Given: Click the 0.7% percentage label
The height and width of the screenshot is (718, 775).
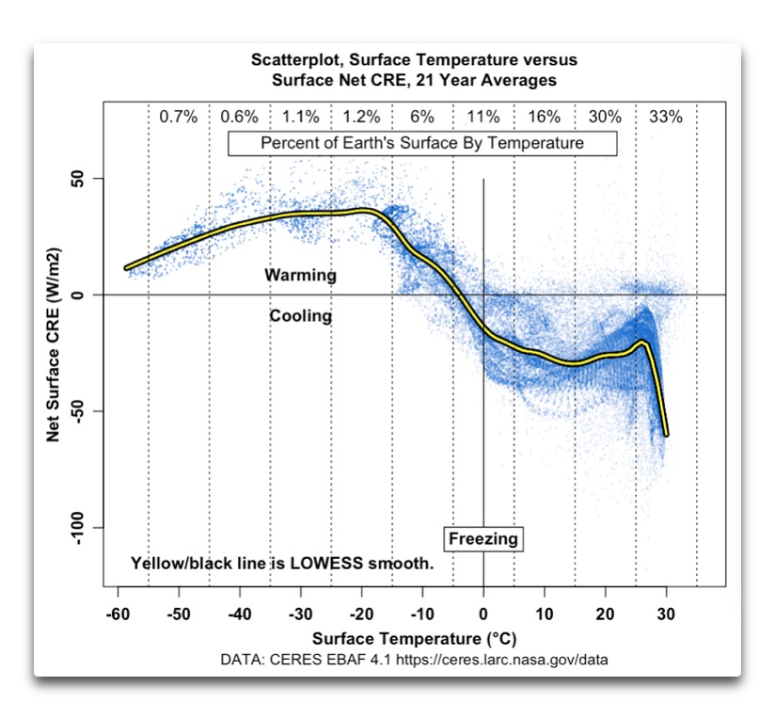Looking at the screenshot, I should pyautogui.click(x=178, y=117).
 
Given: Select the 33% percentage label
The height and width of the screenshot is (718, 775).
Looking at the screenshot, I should pyautogui.click(x=666, y=117).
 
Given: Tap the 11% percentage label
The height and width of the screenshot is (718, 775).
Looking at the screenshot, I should pyautogui.click(x=483, y=117).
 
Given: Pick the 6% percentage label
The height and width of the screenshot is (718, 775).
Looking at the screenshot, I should pyautogui.click(x=422, y=117).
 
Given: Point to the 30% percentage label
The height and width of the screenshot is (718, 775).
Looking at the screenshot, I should pyautogui.click(x=605, y=117).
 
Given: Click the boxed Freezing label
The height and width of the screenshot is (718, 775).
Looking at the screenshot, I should pyautogui.click(x=483, y=539).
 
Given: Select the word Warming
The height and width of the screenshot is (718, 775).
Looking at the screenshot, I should pyautogui.click(x=300, y=276).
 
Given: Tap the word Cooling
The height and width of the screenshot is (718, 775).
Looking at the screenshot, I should pyautogui.click(x=301, y=316).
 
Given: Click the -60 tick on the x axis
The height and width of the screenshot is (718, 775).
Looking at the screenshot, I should pyautogui.click(x=118, y=616).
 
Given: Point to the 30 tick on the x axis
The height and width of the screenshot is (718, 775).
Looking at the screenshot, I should pyautogui.click(x=667, y=616).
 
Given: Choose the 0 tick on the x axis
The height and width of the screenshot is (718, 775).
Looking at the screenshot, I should pyautogui.click(x=483, y=616).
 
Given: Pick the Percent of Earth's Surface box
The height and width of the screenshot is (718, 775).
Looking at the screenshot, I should pyautogui.click(x=422, y=143).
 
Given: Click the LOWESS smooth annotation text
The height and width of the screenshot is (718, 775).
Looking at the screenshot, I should pyautogui.click(x=282, y=565).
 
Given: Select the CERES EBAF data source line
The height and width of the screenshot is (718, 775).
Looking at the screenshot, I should pyautogui.click(x=414, y=660).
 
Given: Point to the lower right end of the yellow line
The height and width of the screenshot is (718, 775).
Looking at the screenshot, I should pyautogui.click(x=666, y=434).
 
